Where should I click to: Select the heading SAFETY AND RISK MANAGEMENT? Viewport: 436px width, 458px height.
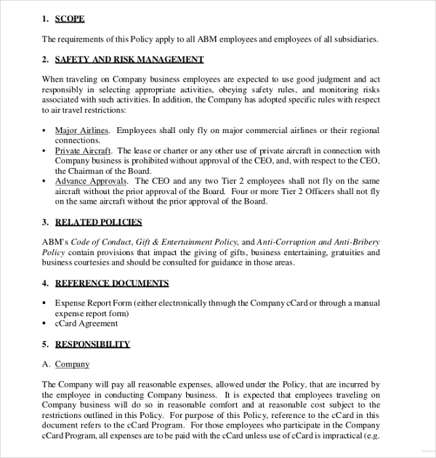click(129, 59)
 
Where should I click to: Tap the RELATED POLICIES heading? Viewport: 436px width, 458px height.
click(98, 222)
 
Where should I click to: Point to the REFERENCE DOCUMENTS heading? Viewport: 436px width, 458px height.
click(112, 283)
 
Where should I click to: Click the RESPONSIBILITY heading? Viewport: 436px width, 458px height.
click(92, 344)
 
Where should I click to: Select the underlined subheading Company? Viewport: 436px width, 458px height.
click(72, 364)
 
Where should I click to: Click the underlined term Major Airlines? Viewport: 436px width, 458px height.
click(82, 131)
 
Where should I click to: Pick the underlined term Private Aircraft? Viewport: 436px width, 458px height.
click(84, 150)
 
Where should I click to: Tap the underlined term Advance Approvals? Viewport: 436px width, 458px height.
click(91, 180)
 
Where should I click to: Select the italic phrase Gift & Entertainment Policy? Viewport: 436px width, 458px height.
click(187, 242)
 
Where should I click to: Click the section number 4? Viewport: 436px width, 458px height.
click(44, 283)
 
